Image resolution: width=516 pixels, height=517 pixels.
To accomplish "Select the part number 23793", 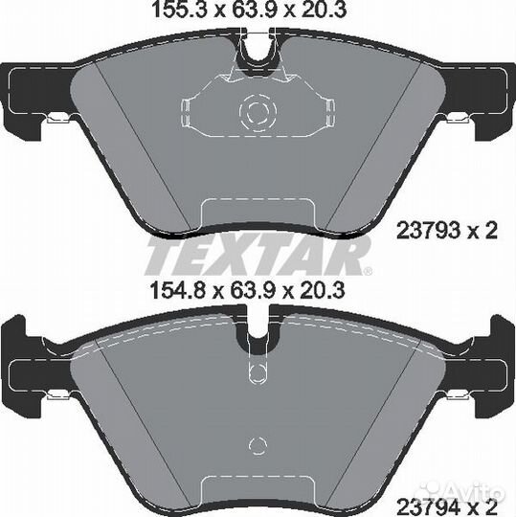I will [428, 230].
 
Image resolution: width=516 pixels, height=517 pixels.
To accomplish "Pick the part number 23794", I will [428, 501].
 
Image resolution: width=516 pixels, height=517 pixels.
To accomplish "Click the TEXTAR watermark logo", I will [257, 256].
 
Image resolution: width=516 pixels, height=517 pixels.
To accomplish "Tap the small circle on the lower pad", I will [257, 444].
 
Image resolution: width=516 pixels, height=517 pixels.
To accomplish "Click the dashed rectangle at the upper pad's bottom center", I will [257, 215].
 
